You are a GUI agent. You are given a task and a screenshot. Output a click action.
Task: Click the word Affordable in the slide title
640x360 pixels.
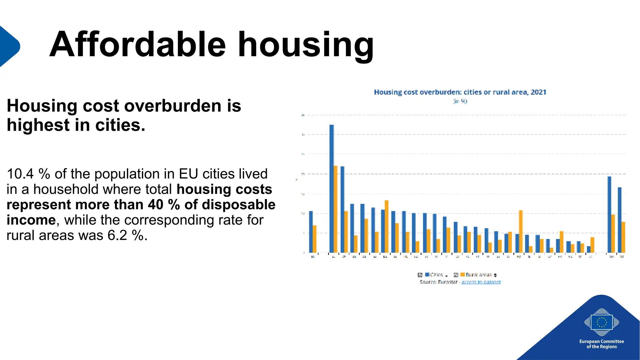[x=137, y=44]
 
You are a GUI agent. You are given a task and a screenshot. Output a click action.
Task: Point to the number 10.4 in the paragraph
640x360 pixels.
[x=20, y=174]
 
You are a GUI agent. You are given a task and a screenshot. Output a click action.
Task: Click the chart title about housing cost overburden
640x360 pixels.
[x=460, y=92]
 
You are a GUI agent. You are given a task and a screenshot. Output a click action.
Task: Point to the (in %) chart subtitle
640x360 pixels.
[x=460, y=101]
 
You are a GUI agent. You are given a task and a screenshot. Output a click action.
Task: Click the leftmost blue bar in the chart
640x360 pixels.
[x=311, y=232]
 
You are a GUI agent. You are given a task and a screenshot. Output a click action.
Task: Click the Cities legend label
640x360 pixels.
[x=437, y=275]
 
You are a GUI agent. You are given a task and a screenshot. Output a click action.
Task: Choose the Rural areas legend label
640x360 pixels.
[x=478, y=275]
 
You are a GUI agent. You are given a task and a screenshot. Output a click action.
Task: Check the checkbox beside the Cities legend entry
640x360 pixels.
[x=420, y=275]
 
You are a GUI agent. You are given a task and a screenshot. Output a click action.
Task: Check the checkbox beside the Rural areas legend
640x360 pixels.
[x=456, y=275]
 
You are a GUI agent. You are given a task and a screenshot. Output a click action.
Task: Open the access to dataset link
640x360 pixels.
[x=481, y=282]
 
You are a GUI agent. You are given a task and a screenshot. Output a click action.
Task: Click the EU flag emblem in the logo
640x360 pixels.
[x=602, y=322]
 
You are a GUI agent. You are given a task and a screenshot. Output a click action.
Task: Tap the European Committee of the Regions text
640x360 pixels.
[x=602, y=344]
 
